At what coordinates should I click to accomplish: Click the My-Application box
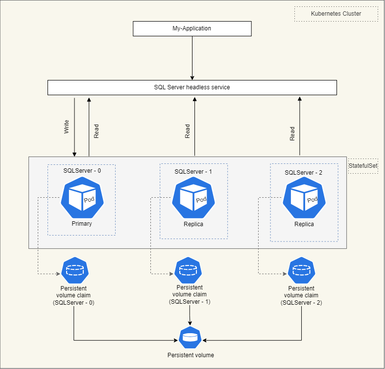pos(192,28)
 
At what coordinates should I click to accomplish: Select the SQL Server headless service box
pos(192,87)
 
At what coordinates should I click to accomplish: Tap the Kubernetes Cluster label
pos(336,14)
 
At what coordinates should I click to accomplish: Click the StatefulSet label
pos(363,166)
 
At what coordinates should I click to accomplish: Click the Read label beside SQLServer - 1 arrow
pos(187,131)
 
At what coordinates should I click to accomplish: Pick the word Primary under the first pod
pos(81,224)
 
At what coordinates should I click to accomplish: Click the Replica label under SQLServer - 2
pos(304,224)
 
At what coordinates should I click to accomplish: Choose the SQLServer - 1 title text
pos(193,172)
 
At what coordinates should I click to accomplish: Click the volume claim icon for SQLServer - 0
pos(74,269)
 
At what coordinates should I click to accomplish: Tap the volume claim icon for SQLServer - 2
pos(301,270)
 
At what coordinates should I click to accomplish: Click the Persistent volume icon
pos(190,338)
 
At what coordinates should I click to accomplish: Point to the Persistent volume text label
pos(190,355)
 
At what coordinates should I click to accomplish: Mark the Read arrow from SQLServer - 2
pos(300,126)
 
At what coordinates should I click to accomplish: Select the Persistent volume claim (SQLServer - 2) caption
pos(301,296)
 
